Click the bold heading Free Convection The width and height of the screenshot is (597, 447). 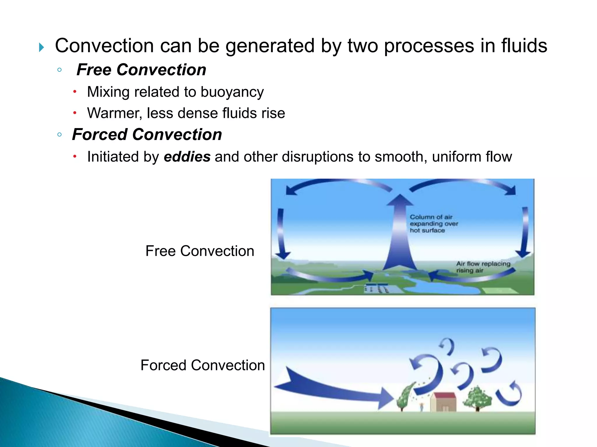click(141, 70)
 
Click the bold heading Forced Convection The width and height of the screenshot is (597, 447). click(147, 135)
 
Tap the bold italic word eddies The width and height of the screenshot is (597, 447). click(187, 157)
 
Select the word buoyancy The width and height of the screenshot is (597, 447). click(232, 92)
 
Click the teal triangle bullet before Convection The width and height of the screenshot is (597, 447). click(41, 47)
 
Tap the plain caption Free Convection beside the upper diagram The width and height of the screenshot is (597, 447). click(200, 251)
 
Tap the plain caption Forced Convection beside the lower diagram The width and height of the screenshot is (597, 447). click(203, 365)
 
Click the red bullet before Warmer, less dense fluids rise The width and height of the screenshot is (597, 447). click(75, 113)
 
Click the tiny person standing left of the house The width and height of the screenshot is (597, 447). click(422, 407)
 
